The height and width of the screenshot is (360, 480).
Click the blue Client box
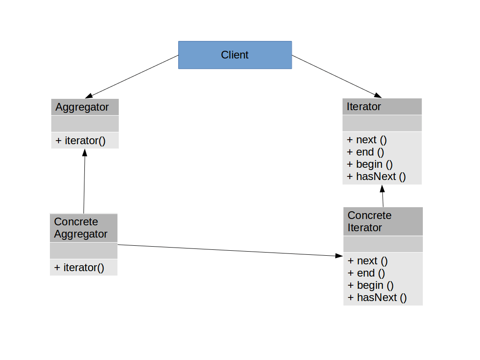(235, 55)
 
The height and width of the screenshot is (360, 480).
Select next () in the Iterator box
(367, 140)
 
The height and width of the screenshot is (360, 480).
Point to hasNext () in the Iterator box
(376, 176)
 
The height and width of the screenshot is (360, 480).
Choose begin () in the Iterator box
(370, 164)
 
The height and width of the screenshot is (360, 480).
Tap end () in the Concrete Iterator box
(366, 273)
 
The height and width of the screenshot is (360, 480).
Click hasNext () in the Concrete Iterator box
(377, 297)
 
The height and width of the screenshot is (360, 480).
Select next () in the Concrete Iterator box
(368, 261)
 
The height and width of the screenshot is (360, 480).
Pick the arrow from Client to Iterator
(336, 76)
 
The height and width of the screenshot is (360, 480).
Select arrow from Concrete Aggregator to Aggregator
(84, 181)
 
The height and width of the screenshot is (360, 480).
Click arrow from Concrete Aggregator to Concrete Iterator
(227, 250)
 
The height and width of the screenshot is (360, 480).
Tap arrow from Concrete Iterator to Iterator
(382, 196)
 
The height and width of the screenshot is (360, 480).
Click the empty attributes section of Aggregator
(84, 124)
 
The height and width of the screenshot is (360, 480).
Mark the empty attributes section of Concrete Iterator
(382, 244)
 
